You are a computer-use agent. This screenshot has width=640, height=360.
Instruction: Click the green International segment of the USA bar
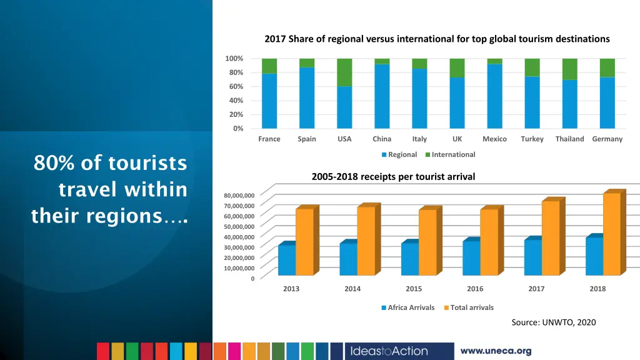pos(344,72)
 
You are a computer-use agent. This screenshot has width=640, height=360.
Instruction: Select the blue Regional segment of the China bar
pos(382,96)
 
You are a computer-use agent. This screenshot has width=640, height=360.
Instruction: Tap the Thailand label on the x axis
pos(569,139)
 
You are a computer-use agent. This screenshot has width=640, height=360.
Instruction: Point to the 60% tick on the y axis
pos(234,86)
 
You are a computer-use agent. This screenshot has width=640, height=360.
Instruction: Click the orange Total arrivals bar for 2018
pos(612,234)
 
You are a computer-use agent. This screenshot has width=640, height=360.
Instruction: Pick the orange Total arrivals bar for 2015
pos(427,242)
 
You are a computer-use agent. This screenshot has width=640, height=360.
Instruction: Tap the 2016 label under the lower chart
pos(475,289)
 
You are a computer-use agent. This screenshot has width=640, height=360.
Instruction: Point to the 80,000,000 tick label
pos(239,196)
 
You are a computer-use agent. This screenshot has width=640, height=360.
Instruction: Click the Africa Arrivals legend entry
pos(407,307)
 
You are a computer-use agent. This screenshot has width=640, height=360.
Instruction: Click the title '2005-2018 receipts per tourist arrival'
pos(393,177)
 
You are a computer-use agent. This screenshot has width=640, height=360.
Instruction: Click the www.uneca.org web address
pos(496,351)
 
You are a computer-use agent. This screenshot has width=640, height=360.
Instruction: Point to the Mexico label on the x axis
pos(494,139)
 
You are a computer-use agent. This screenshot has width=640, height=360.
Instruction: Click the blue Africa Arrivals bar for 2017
pos(532,257)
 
